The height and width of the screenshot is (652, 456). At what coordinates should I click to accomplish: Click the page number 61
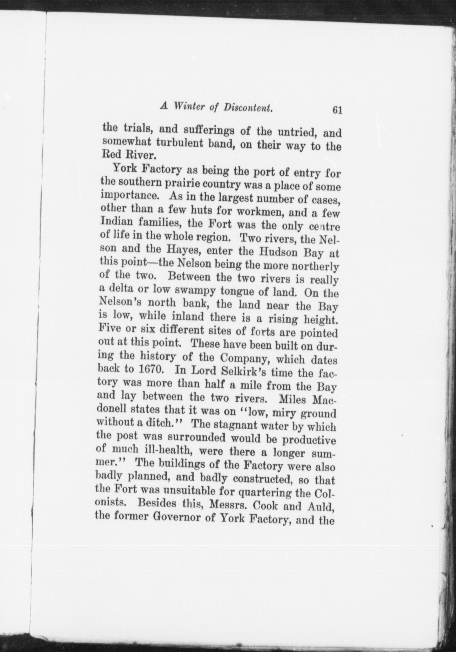pyautogui.click(x=337, y=110)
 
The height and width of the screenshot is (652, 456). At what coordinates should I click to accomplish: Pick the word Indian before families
pyautogui.click(x=116, y=222)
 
